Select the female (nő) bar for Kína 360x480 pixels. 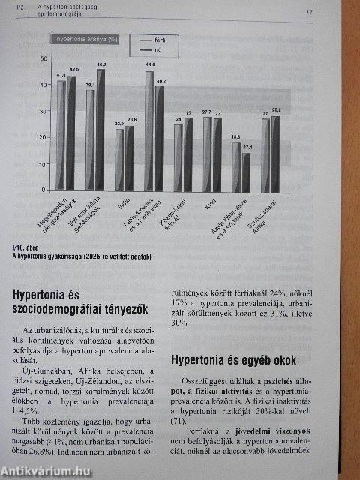[x=218, y=154]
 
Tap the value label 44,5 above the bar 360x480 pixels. [x=150, y=65]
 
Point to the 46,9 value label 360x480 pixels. [x=101, y=65]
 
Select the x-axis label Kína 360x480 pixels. [x=211, y=202]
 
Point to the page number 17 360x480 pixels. [x=309, y=13]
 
